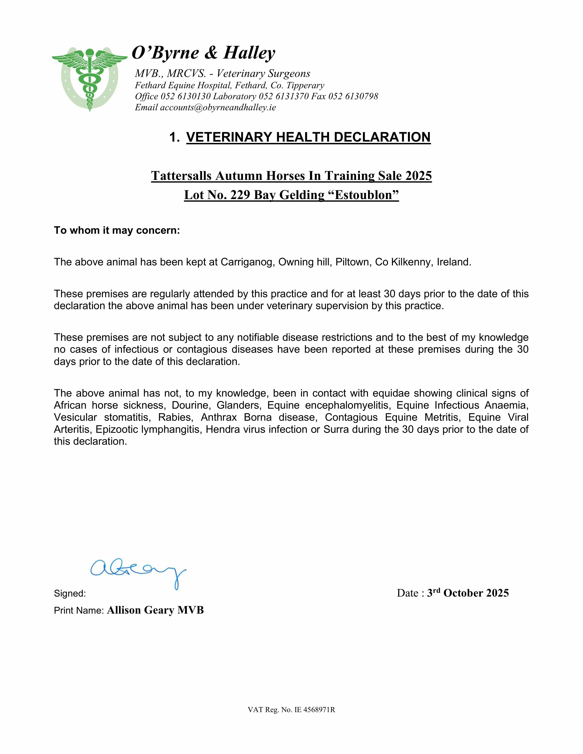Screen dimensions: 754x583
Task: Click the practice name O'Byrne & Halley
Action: click(x=204, y=53)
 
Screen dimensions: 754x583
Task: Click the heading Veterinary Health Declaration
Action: click(x=308, y=137)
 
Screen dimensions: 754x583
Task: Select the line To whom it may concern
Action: click(x=117, y=230)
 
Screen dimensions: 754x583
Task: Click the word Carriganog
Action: click(x=248, y=262)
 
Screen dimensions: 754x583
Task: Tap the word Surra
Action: click(x=336, y=429)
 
